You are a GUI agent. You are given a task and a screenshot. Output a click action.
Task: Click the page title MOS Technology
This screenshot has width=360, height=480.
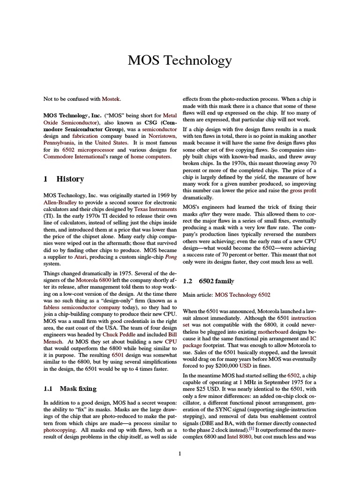tap(180, 60)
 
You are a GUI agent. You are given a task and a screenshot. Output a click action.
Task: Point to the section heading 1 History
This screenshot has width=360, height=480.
tap(64, 179)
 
